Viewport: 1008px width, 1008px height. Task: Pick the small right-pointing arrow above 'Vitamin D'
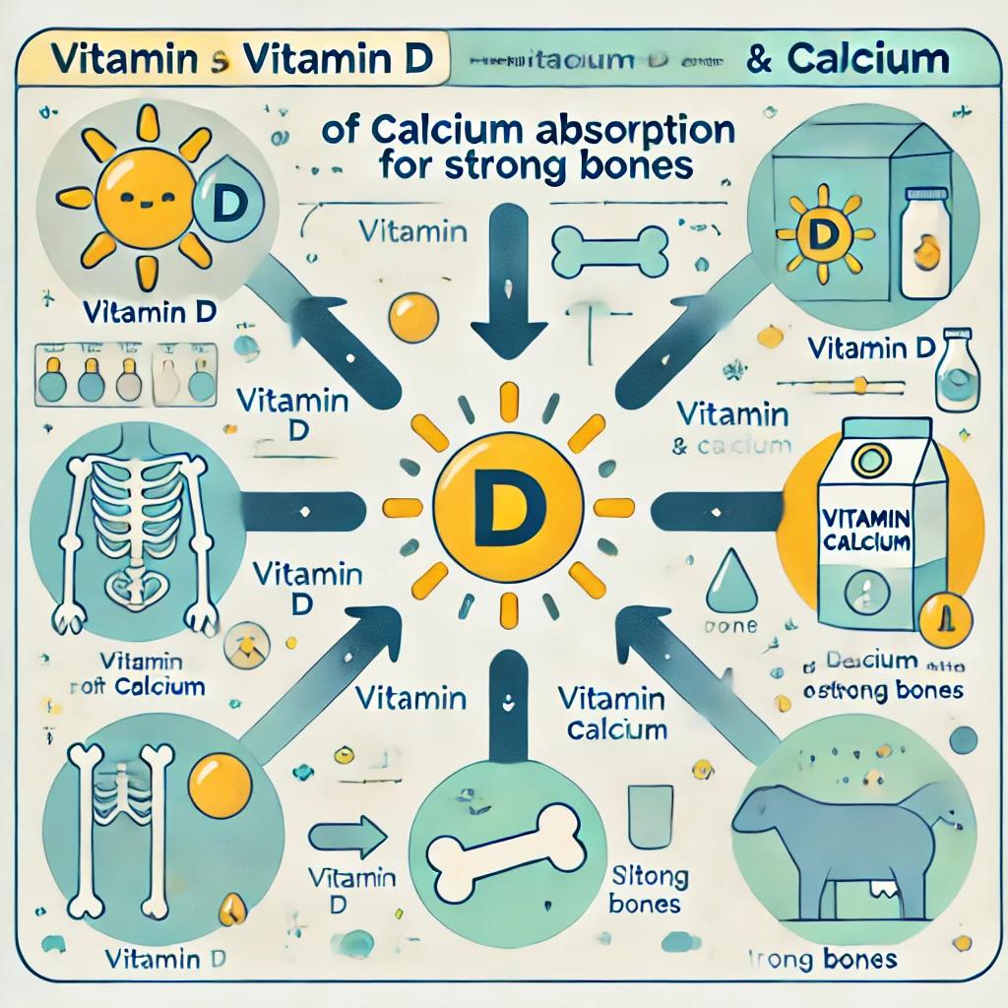(x=352, y=839)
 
